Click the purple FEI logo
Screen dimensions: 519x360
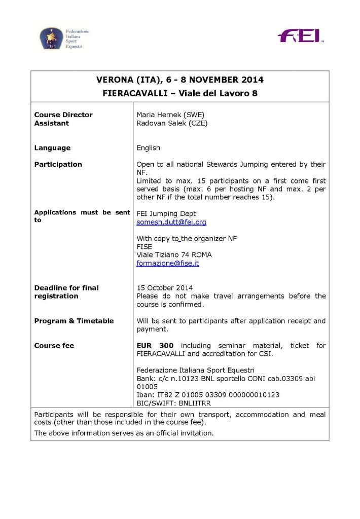[x=300, y=36]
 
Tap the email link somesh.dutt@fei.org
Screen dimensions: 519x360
[x=171, y=222]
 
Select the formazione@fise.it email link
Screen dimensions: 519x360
[x=167, y=263]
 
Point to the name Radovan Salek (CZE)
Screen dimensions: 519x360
[x=172, y=123]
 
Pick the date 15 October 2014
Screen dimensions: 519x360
[x=164, y=288]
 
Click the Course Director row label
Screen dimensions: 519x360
[x=63, y=115]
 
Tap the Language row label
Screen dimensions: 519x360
[x=52, y=148]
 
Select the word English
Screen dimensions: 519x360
[x=148, y=148]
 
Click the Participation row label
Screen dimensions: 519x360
[x=58, y=164]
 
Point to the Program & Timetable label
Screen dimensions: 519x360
[x=74, y=321]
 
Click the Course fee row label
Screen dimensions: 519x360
[x=54, y=346]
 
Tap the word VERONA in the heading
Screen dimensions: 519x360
[x=114, y=80]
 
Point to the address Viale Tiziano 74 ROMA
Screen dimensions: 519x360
[x=174, y=255]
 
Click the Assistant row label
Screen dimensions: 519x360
[x=51, y=123]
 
